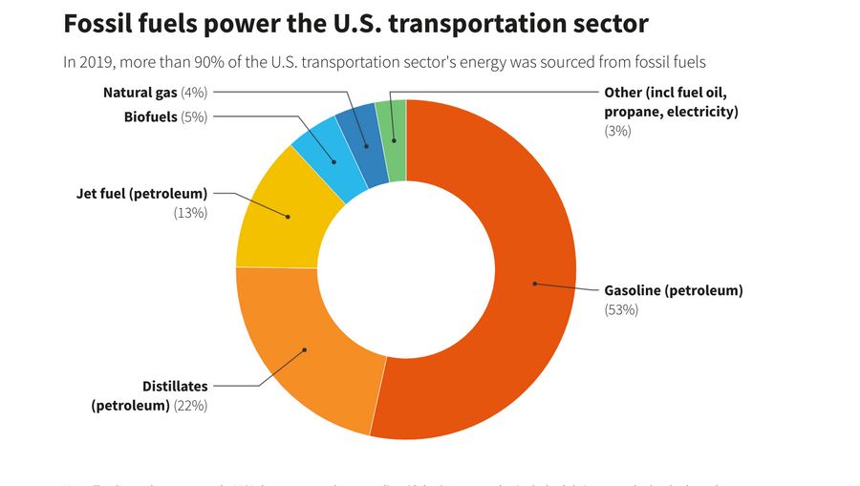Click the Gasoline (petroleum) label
coord(673,290)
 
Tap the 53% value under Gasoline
coord(621,309)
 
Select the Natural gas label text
coord(140,93)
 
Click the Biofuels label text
coord(150,116)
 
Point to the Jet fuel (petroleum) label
coord(141,194)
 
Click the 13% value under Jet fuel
coord(190,213)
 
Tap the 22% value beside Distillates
coord(190,405)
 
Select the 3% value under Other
coord(617,131)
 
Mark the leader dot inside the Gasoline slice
coord(535,284)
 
